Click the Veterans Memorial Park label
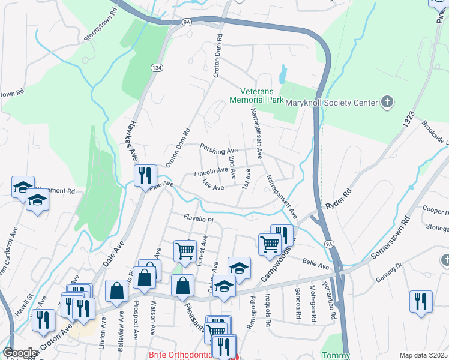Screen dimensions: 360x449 pos(257,95)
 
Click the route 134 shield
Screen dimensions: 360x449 pos(155,68)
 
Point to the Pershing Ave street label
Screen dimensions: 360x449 pos(219,150)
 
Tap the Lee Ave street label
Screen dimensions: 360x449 pos(213,187)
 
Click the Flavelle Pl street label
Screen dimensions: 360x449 pos(198,219)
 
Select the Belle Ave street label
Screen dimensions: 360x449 pos(316,263)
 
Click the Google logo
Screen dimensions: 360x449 pos(20,353)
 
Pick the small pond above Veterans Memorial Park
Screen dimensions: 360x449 pos(282,75)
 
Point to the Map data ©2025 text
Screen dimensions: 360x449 pos(423,355)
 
